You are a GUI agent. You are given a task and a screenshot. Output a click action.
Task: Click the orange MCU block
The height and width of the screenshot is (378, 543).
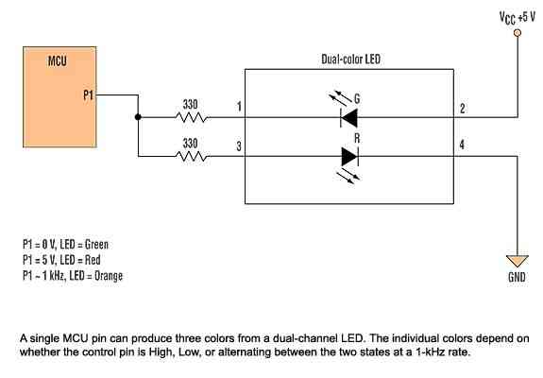pyautogui.click(x=59, y=97)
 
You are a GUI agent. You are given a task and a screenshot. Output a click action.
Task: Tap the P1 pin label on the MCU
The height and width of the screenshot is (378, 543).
pyautogui.click(x=89, y=94)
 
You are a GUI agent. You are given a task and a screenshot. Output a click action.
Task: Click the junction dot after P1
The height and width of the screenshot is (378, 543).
pyautogui.click(x=138, y=117)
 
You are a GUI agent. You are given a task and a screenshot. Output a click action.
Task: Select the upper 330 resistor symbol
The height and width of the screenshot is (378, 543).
pyautogui.click(x=192, y=117)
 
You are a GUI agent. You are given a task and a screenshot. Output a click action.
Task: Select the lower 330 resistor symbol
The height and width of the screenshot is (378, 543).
pyautogui.click(x=192, y=157)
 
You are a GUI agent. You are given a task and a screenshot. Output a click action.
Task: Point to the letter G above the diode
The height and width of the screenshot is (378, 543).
pyautogui.click(x=357, y=98)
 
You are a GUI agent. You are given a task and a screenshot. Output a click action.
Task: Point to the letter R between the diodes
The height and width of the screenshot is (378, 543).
pyautogui.click(x=357, y=139)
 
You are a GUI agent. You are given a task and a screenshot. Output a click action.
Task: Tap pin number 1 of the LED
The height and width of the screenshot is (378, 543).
pyautogui.click(x=239, y=107)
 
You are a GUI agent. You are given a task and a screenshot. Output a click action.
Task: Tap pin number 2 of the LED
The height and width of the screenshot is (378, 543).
pyautogui.click(x=463, y=109)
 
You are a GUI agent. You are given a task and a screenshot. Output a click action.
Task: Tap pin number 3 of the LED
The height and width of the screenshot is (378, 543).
pyautogui.click(x=239, y=146)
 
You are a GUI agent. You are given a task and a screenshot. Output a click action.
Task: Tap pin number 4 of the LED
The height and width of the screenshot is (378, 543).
pyautogui.click(x=462, y=145)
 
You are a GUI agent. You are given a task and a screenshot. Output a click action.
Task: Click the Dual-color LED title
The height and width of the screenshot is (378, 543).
pyautogui.click(x=350, y=60)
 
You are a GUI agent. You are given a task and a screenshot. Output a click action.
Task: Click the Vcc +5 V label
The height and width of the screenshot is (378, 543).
pyautogui.click(x=517, y=17)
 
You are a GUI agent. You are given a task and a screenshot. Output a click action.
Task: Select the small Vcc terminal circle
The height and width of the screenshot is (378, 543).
pyautogui.click(x=518, y=33)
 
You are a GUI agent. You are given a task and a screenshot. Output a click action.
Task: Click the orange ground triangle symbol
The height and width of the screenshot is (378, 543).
pyautogui.click(x=518, y=261)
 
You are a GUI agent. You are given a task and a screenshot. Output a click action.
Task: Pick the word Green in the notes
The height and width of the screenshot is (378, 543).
pyautogui.click(x=96, y=245)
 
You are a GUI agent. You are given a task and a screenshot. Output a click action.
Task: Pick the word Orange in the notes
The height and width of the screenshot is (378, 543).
pyautogui.click(x=109, y=276)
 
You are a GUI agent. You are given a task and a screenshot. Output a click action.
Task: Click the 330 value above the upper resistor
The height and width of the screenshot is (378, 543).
pyautogui.click(x=190, y=104)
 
